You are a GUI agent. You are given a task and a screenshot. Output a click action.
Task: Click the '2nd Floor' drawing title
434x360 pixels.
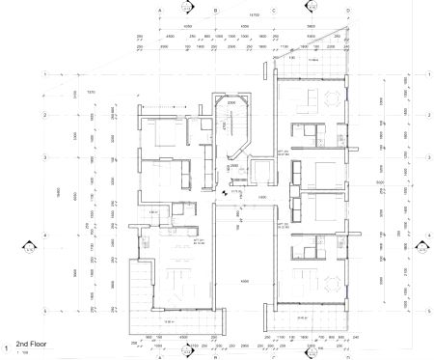tap(35, 344)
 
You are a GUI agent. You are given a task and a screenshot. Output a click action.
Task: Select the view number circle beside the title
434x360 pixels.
tap(7, 347)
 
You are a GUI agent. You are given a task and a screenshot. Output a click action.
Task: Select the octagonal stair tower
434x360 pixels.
tap(231, 125)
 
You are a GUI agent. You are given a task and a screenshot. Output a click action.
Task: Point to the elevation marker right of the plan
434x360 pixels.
tap(421, 248)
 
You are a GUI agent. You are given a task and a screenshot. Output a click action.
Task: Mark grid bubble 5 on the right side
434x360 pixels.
tap(426, 313)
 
